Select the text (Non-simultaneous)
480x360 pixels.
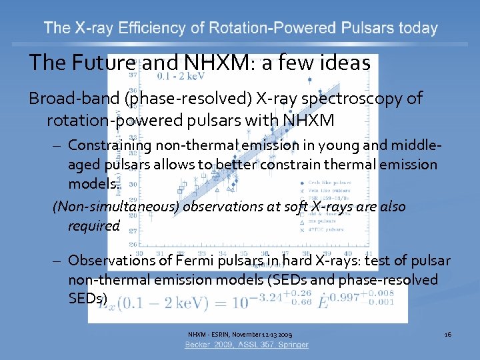pyautogui.click(x=115, y=207)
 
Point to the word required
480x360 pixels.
pyautogui.click(x=93, y=225)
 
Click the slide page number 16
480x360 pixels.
pyautogui.click(x=448, y=333)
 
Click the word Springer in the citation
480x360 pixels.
pyautogui.click(x=292, y=345)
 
